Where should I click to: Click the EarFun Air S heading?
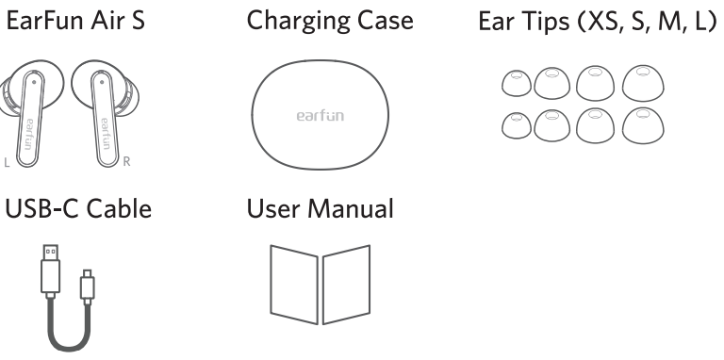(75, 21)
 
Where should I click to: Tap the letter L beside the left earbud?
(8, 163)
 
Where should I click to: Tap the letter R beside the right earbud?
(128, 163)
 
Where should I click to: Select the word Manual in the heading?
(356, 207)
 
